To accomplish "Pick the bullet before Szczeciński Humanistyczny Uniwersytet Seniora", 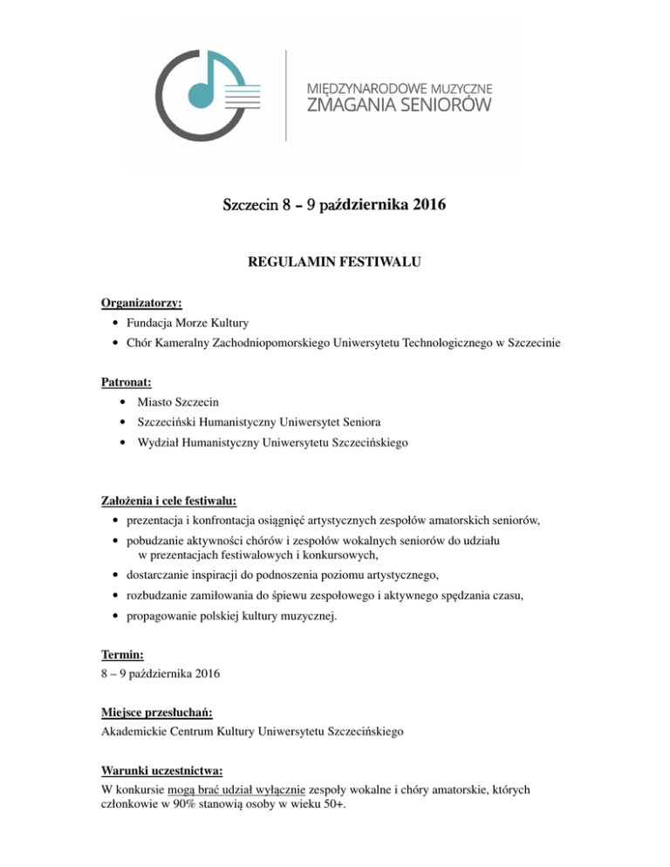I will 117,423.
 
